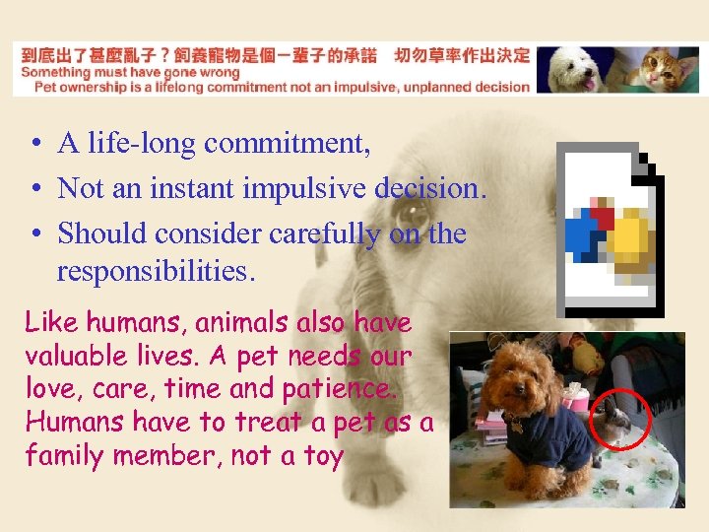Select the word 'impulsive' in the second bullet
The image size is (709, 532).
pos(306,188)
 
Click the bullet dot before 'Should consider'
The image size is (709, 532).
pos(34,234)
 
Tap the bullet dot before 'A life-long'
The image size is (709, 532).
pos(34,145)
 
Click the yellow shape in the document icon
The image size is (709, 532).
pos(627,237)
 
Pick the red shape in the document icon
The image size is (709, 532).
pos(602,216)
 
